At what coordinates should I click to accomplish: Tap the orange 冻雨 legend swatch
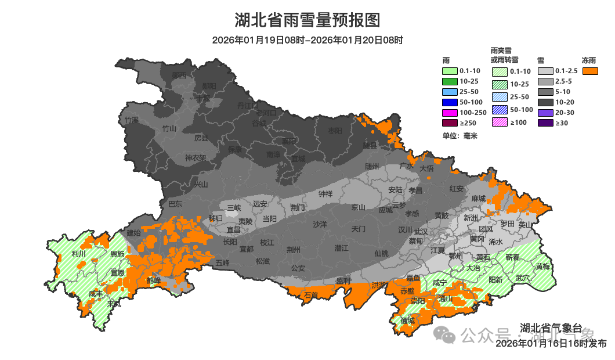(591, 71)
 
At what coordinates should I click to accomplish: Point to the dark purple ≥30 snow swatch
(546, 123)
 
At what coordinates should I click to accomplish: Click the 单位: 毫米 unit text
(460, 136)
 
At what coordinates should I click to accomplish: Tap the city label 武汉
(421, 231)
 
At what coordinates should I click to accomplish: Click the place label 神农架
(196, 158)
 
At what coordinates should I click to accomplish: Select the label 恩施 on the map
(117, 254)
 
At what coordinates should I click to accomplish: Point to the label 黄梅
(543, 267)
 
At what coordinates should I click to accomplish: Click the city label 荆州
(294, 250)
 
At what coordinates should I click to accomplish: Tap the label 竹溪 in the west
(132, 120)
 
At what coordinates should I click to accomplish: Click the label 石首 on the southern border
(311, 296)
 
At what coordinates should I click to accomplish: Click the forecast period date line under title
(307, 40)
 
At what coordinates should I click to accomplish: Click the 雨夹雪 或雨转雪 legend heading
(504, 55)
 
